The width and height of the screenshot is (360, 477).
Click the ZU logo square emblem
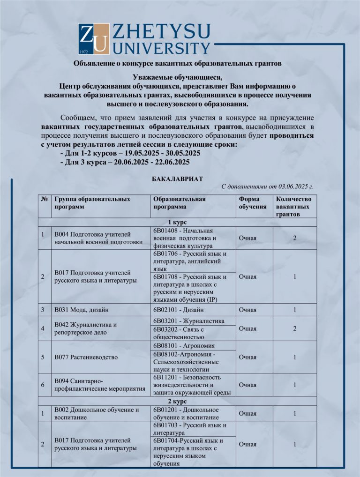tap(94, 39)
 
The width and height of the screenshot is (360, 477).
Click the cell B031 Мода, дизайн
tap(82, 310)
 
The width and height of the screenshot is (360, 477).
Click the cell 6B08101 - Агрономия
tap(183, 345)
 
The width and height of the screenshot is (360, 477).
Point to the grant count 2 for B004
tap(295, 238)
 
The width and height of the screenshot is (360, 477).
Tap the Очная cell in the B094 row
tap(247, 385)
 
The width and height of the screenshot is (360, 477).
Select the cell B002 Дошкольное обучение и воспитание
tap(97, 413)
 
